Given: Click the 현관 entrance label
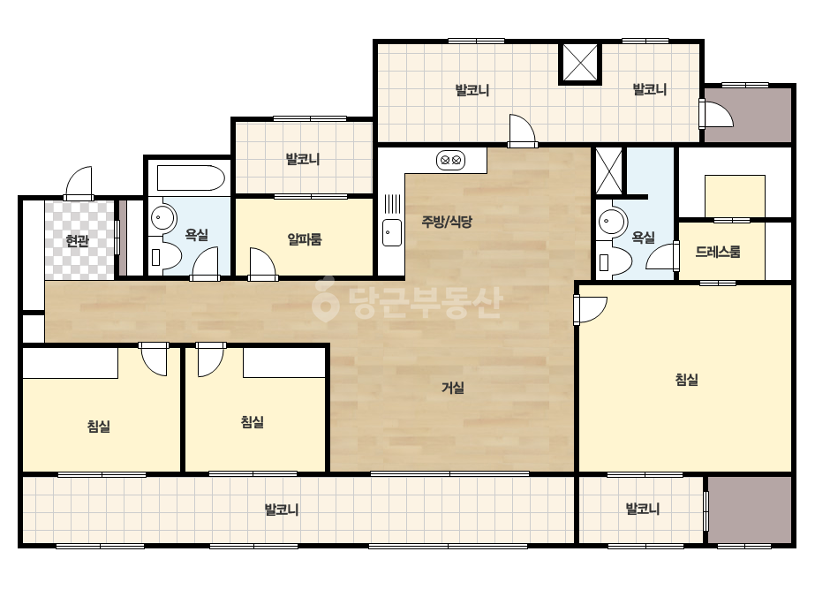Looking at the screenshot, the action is point(78,241).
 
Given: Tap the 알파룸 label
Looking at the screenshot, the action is point(305,239).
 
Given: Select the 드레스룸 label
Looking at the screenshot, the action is point(718,253).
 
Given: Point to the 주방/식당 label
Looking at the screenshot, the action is point(447,222).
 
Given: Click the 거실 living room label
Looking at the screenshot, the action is point(453,388).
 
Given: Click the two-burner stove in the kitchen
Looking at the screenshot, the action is point(450,160).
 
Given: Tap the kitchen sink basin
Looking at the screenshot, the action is point(392,232).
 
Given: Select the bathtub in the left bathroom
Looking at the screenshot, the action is point(191,178).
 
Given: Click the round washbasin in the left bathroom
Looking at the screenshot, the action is point(163,217).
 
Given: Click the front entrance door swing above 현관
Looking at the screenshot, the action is point(79,183).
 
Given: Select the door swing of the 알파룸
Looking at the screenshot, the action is point(263,264).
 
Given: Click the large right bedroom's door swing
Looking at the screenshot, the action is point(591,310).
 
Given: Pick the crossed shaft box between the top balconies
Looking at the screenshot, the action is point(581,64).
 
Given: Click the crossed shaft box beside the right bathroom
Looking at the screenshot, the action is point(608,171).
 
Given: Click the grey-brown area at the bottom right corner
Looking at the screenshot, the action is point(750,510).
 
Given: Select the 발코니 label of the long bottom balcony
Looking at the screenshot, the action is point(282,510).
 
